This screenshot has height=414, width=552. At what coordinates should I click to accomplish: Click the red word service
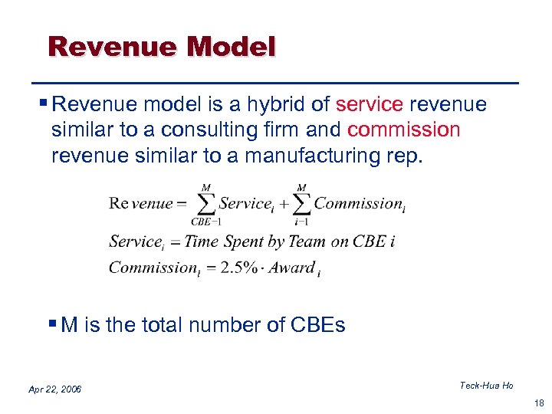click(x=370, y=103)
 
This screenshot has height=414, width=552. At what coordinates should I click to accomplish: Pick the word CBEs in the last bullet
click(x=318, y=325)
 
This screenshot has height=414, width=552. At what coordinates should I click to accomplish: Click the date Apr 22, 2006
click(x=54, y=389)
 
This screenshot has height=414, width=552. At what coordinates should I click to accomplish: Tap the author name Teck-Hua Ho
click(x=486, y=386)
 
